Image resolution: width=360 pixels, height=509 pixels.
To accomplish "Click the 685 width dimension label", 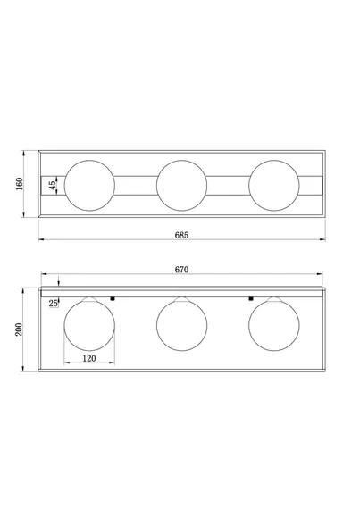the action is click(181, 235).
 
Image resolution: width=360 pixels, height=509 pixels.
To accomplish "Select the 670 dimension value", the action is click(181, 270).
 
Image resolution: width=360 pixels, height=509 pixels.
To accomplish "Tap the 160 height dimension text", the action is click(20, 184).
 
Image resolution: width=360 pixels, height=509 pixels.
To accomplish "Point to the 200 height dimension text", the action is click(19, 330).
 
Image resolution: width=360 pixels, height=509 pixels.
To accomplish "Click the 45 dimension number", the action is click(52, 186).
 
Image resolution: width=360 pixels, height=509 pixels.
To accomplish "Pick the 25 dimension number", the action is click(54, 304).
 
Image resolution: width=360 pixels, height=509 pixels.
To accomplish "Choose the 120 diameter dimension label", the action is click(89, 358).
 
